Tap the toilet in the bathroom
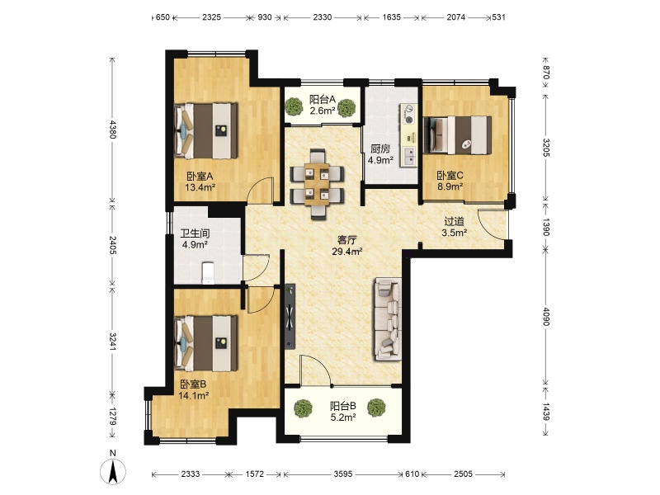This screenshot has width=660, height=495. (x=209, y=273)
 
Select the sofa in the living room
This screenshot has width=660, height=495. (x=387, y=318)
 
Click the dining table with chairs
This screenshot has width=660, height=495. (x=318, y=184)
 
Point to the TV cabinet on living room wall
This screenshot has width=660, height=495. (x=290, y=317)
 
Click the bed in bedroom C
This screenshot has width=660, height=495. (x=458, y=135)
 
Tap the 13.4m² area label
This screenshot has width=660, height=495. (x=200, y=187)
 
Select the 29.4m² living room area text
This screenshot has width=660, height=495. (x=347, y=252)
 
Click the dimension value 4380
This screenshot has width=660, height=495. (x=112, y=130)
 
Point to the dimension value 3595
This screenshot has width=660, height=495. (x=343, y=474)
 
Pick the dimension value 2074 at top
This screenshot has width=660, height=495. (x=456, y=17)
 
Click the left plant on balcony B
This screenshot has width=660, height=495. (x=303, y=408)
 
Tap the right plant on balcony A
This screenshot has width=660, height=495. (x=346, y=107)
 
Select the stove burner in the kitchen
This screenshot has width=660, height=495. (x=408, y=114)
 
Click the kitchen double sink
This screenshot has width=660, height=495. (x=408, y=156)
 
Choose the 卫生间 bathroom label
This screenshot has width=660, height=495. (x=195, y=233)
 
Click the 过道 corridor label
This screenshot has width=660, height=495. (x=455, y=221)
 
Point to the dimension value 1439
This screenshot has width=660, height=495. (x=545, y=411)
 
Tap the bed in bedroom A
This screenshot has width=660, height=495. (x=205, y=130)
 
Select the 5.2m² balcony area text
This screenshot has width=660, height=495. (x=343, y=417)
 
